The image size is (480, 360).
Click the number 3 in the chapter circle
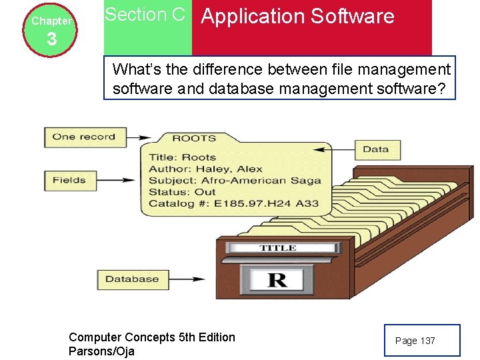click(x=51, y=40)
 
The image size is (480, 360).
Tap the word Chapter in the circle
click(x=51, y=21)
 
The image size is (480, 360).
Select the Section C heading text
click(x=145, y=15)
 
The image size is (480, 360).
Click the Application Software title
click(x=297, y=17)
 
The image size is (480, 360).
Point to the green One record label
click(x=83, y=137)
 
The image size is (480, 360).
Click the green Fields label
click(x=69, y=180)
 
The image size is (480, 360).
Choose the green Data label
click(x=376, y=149)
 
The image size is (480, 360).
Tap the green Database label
click(x=131, y=279)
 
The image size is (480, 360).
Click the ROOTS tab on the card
click(x=194, y=139)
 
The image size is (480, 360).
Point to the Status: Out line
click(x=182, y=192)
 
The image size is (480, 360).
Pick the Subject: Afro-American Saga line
click(x=235, y=181)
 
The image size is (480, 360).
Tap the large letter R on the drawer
click(x=277, y=279)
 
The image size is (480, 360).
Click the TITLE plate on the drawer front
click(x=278, y=248)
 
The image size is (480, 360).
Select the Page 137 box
click(x=421, y=341)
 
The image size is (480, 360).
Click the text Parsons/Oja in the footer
click(x=101, y=351)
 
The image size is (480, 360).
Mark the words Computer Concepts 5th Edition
click(x=152, y=337)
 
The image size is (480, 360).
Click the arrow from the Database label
click(x=193, y=279)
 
